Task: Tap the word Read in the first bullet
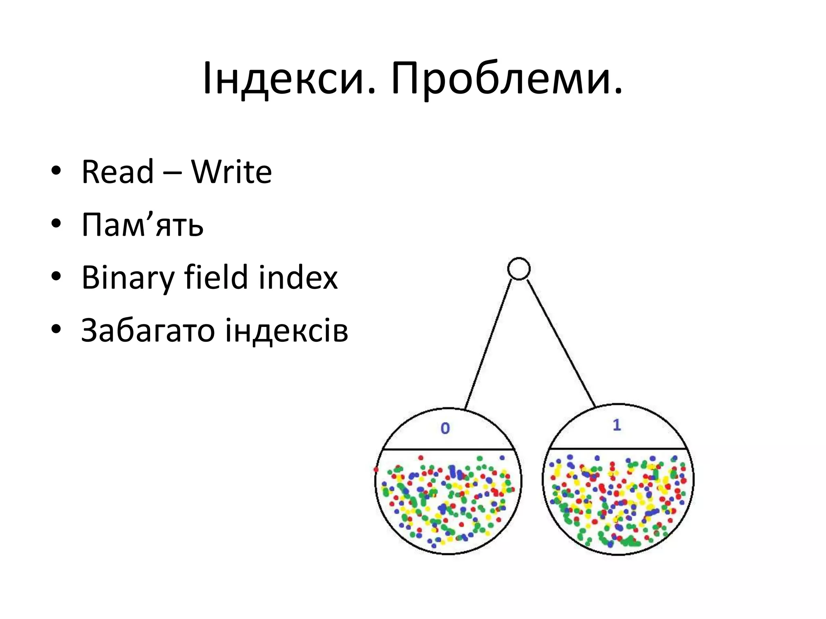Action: (x=117, y=172)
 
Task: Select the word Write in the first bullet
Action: (x=232, y=172)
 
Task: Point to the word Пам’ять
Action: (x=142, y=225)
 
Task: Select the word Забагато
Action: (x=147, y=331)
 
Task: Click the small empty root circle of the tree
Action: (x=519, y=269)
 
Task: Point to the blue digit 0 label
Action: (x=445, y=428)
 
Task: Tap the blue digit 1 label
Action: (x=617, y=425)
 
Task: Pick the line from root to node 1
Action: (x=561, y=343)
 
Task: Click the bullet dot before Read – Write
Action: (x=56, y=171)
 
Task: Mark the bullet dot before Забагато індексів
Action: (x=56, y=330)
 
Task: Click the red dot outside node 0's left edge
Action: (x=376, y=469)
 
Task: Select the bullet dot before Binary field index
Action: (x=56, y=277)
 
